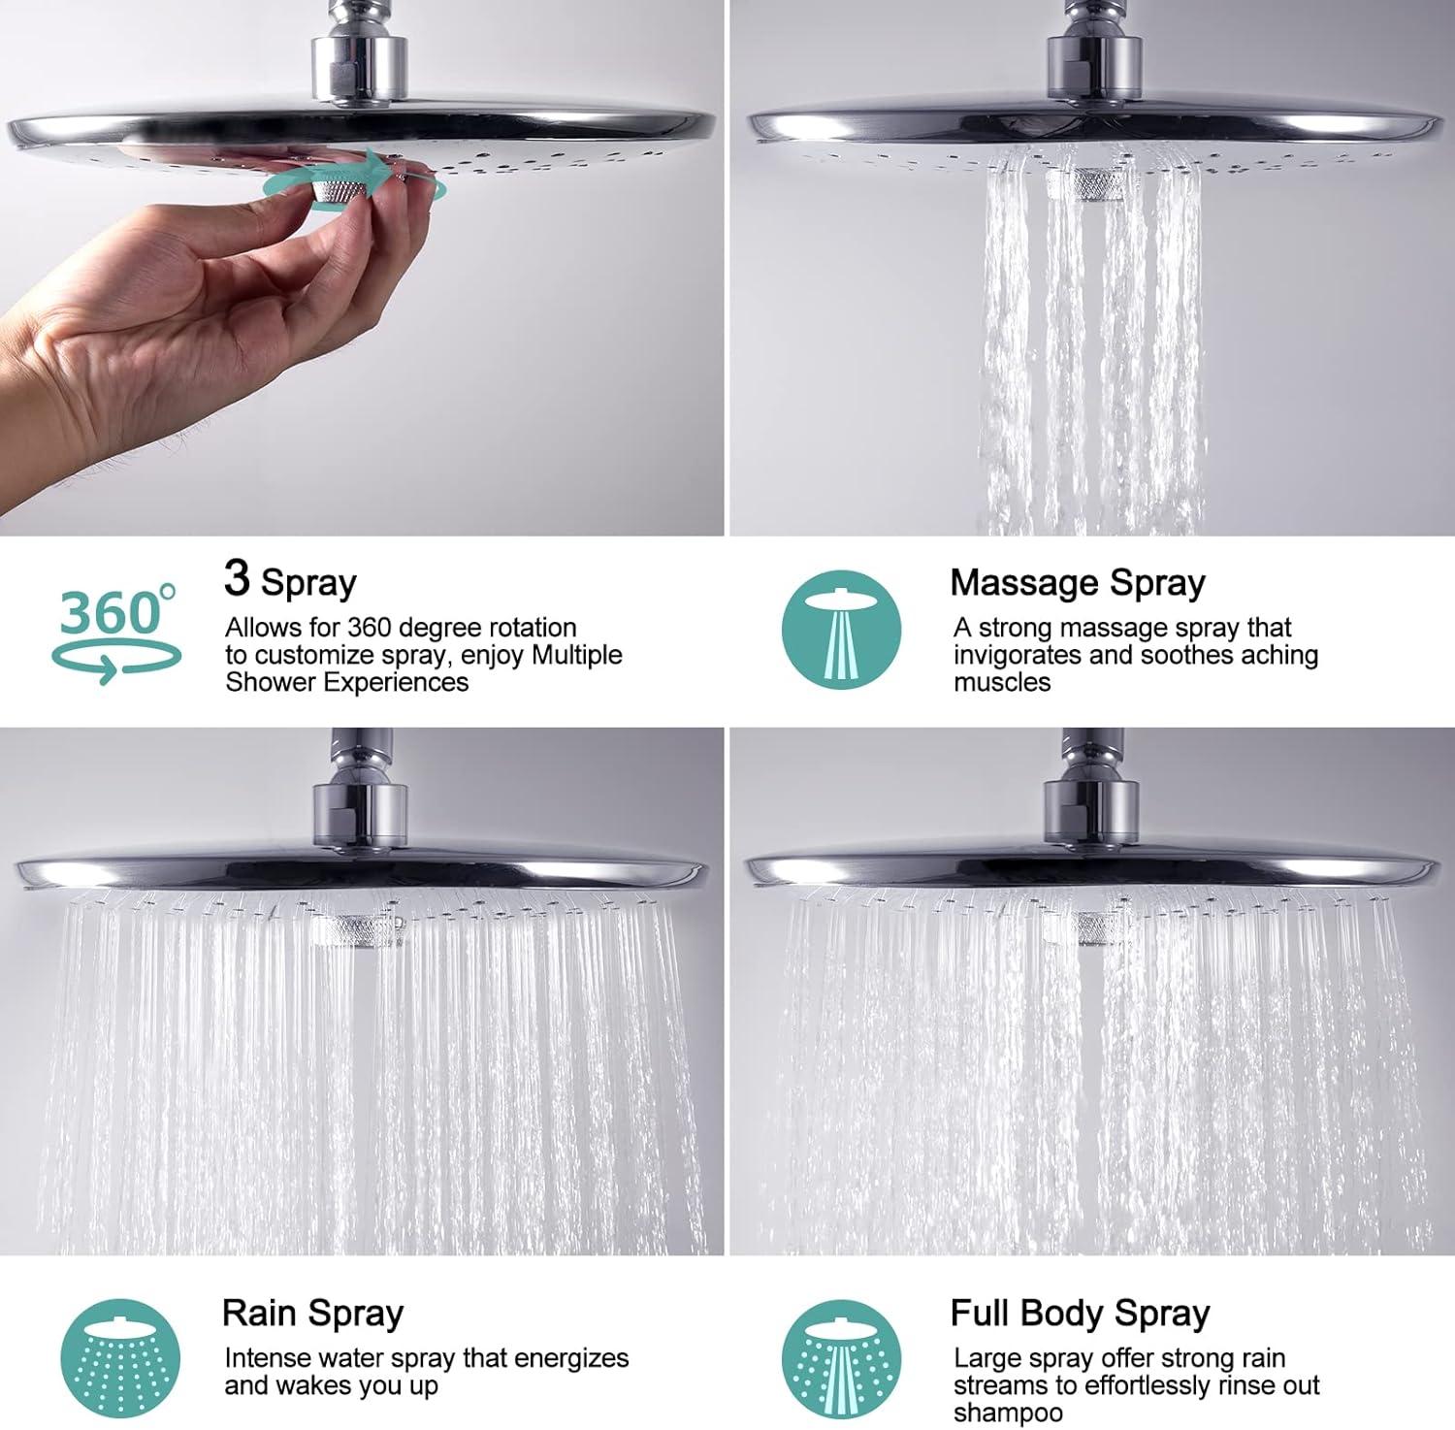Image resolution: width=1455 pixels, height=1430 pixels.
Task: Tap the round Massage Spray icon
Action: (842, 630)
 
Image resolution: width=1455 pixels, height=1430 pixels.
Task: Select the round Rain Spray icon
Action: (120, 1359)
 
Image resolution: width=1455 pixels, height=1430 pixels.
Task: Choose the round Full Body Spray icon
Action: (842, 1359)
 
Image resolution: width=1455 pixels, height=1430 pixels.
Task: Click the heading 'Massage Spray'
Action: (1078, 583)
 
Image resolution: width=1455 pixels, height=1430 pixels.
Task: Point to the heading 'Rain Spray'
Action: (312, 1314)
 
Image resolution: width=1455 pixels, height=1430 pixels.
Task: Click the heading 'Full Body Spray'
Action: (1081, 1314)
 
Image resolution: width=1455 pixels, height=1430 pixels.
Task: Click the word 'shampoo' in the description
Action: (1008, 1413)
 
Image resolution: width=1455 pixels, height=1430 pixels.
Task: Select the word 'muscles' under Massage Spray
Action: (1002, 682)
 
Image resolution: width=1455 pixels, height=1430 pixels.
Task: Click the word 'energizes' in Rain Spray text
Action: (571, 1358)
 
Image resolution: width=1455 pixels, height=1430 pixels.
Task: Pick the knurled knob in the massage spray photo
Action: (1087, 182)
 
